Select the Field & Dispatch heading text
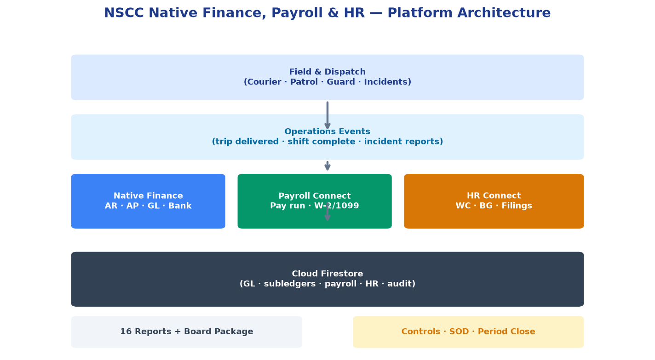(327, 72)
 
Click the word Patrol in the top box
(304, 82)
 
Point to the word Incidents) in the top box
(387, 82)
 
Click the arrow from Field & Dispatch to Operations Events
(327, 115)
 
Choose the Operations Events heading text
(327, 131)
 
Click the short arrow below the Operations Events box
(327, 166)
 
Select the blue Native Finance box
(148, 201)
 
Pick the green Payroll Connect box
(315, 201)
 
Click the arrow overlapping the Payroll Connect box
(327, 211)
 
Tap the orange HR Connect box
(494, 201)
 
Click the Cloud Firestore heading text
(327, 274)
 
